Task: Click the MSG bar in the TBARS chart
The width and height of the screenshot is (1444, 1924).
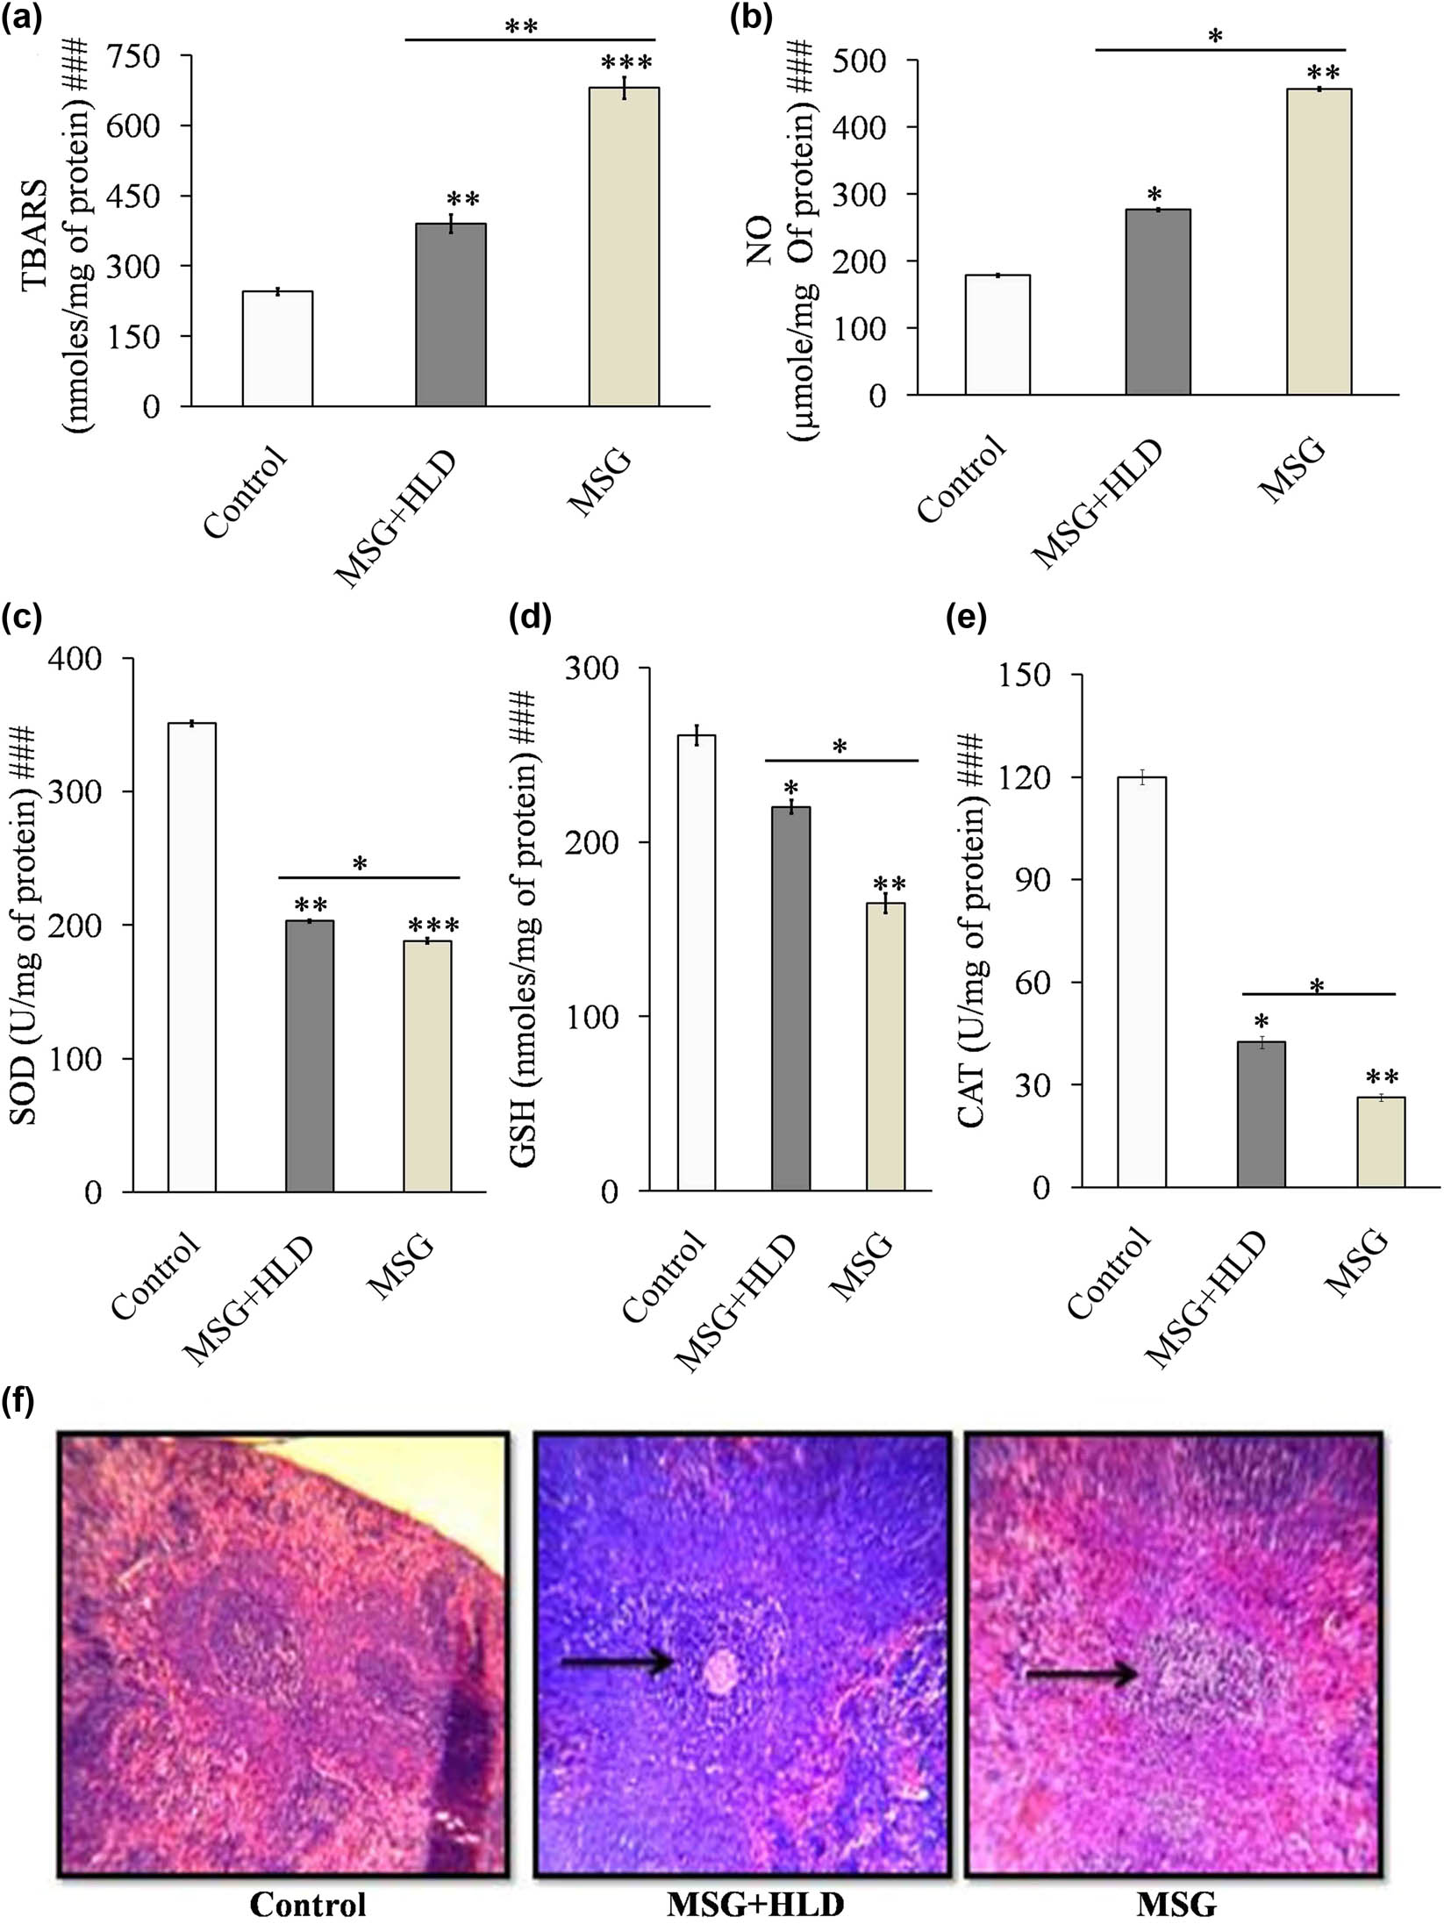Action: [x=624, y=247]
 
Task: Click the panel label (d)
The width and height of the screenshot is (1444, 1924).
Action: [x=530, y=619]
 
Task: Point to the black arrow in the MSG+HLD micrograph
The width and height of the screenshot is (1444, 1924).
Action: [x=617, y=1663]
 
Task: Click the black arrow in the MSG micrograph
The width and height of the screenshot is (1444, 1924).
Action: [x=1082, y=1675]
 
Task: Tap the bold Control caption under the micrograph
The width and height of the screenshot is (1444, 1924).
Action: [x=308, y=1897]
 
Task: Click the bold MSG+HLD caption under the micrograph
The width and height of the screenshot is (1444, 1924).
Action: [x=755, y=1897]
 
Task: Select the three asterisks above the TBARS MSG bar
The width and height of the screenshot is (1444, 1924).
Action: [x=626, y=64]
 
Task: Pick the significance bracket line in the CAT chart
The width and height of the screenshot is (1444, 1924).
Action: [x=1319, y=994]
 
